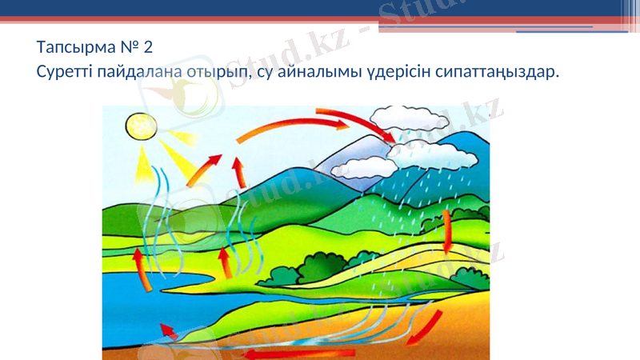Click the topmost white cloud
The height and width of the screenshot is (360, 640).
click(x=410, y=119)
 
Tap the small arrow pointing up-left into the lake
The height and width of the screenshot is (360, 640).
click(x=169, y=330)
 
